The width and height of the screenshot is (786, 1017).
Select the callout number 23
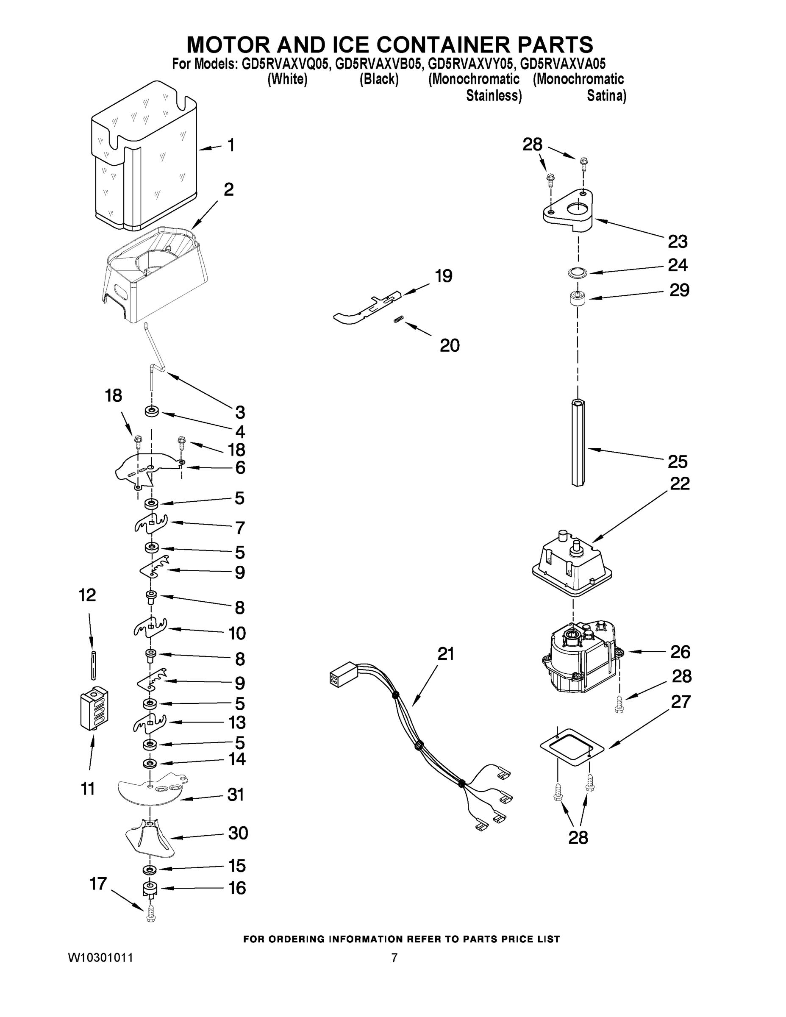tap(677, 242)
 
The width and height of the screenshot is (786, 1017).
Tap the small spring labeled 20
tap(399, 319)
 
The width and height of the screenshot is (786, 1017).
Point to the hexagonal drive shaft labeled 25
tap(578, 442)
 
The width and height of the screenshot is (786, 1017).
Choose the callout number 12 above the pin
tap(87, 595)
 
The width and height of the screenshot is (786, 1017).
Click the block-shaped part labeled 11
tap(94, 708)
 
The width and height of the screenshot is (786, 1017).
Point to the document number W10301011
tap(100, 958)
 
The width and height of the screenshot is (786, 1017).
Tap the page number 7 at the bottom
tap(394, 958)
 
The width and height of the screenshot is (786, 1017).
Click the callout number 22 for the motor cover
tap(679, 483)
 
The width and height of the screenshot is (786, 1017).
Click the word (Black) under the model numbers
tap(378, 80)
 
